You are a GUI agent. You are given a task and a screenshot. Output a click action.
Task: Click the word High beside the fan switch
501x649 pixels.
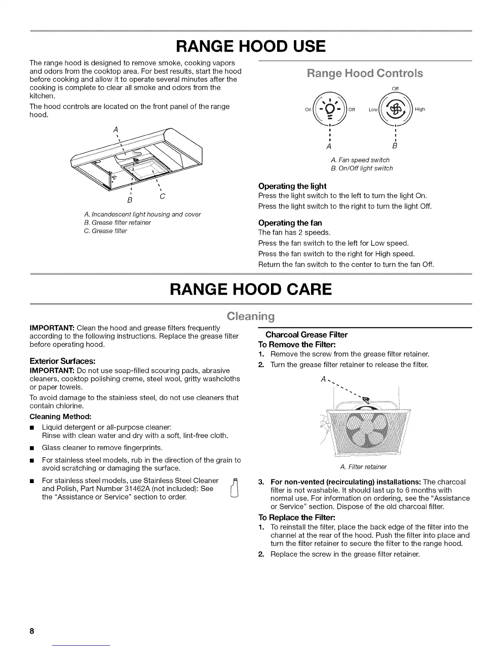point(420,109)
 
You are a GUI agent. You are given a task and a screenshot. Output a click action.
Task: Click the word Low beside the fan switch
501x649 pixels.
point(373,110)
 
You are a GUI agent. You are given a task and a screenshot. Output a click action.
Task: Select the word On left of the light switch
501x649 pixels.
point(308,110)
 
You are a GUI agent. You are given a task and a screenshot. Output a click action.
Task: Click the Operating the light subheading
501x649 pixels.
point(292,186)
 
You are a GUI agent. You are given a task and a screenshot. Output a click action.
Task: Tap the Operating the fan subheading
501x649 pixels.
point(290,223)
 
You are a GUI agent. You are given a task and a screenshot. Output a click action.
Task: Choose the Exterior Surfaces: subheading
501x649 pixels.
point(63,361)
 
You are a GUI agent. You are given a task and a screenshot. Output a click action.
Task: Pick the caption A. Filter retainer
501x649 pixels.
point(363,467)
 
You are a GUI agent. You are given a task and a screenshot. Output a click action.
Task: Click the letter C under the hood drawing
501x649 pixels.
point(162,196)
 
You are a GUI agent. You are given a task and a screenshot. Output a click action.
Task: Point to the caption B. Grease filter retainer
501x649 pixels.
point(117,222)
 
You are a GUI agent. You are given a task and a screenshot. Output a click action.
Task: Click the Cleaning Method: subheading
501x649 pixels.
point(60,416)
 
